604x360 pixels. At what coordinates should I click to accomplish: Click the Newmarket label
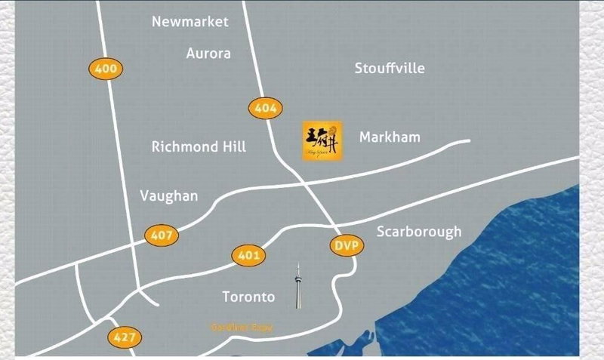tap(190, 22)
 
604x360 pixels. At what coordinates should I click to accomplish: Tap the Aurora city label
tap(208, 54)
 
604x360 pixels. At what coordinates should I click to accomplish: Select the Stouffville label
tap(390, 69)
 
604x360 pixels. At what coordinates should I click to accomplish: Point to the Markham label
tap(390, 137)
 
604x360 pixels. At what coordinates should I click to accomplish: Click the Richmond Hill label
tap(199, 146)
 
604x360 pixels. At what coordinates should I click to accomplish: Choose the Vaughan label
tap(169, 196)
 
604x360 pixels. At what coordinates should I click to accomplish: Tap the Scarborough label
tap(418, 232)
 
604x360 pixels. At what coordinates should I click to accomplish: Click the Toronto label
tap(249, 297)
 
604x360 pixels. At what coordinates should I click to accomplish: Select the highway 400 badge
tap(106, 69)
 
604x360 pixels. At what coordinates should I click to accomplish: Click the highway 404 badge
tap(266, 108)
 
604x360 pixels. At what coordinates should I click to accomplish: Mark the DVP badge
tap(347, 246)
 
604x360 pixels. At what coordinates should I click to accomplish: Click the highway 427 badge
tap(123, 337)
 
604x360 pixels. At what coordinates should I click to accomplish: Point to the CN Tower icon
tap(298, 286)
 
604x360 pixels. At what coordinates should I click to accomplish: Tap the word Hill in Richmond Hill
tap(230, 146)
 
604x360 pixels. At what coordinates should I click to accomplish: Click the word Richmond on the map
tap(182, 146)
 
